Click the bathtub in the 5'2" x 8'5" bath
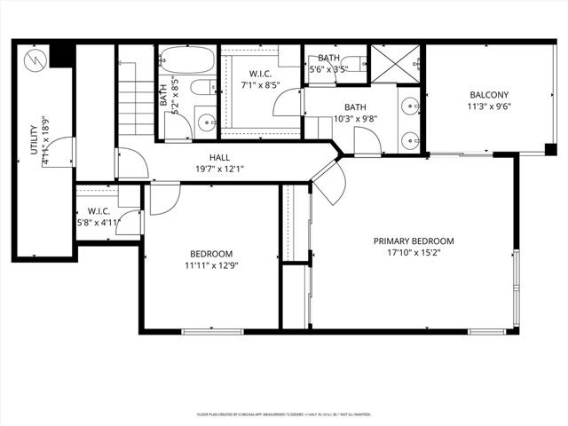pos(187,63)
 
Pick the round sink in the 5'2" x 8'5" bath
pos(203,121)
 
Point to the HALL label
pos(220,157)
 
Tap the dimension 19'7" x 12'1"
pos(220,169)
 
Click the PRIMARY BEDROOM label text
pos(414,241)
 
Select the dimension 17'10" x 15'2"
pos(414,253)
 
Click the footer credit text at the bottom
pos(283,414)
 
